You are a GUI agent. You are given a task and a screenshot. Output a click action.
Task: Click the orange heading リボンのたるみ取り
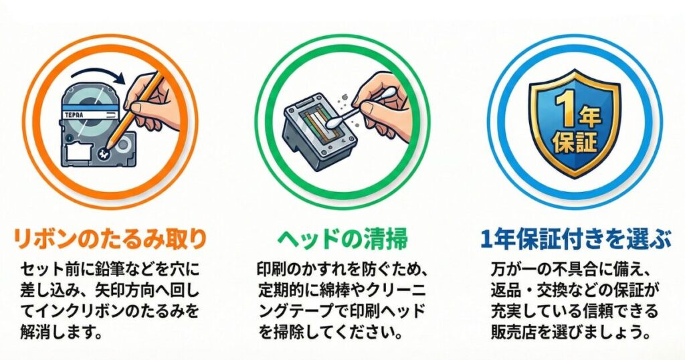pyautogui.click(x=110, y=238)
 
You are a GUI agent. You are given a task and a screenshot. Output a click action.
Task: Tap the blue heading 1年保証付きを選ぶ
pyautogui.click(x=575, y=238)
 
